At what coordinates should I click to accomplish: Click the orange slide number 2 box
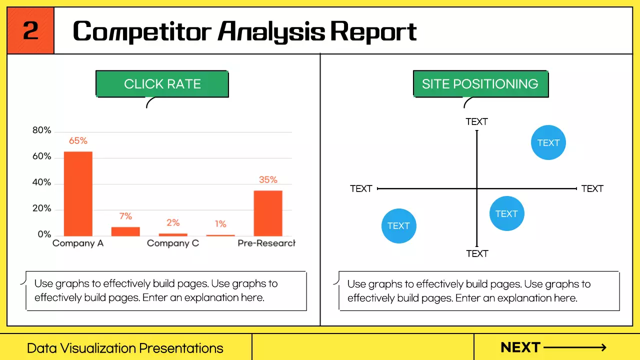(30, 30)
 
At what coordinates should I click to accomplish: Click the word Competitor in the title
(142, 32)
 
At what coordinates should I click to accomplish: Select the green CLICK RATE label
(162, 83)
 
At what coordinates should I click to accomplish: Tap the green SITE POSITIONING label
(480, 83)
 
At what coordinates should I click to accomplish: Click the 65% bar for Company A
(78, 193)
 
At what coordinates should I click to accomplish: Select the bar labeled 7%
(125, 231)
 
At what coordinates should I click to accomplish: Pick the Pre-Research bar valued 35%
(268, 213)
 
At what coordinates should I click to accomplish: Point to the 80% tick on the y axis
(41, 130)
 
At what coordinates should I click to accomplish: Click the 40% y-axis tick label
(41, 182)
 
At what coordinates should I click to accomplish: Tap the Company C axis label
(173, 243)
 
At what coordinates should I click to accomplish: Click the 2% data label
(173, 222)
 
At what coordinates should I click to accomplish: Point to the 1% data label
(220, 223)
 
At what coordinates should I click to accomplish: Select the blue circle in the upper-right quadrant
(548, 142)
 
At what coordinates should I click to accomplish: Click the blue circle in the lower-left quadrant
(399, 225)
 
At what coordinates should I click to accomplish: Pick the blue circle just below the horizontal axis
(507, 213)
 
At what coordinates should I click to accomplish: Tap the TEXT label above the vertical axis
(477, 121)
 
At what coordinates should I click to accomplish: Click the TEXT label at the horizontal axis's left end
(361, 188)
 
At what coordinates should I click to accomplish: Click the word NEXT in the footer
(520, 347)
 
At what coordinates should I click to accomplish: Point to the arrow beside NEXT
(575, 347)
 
